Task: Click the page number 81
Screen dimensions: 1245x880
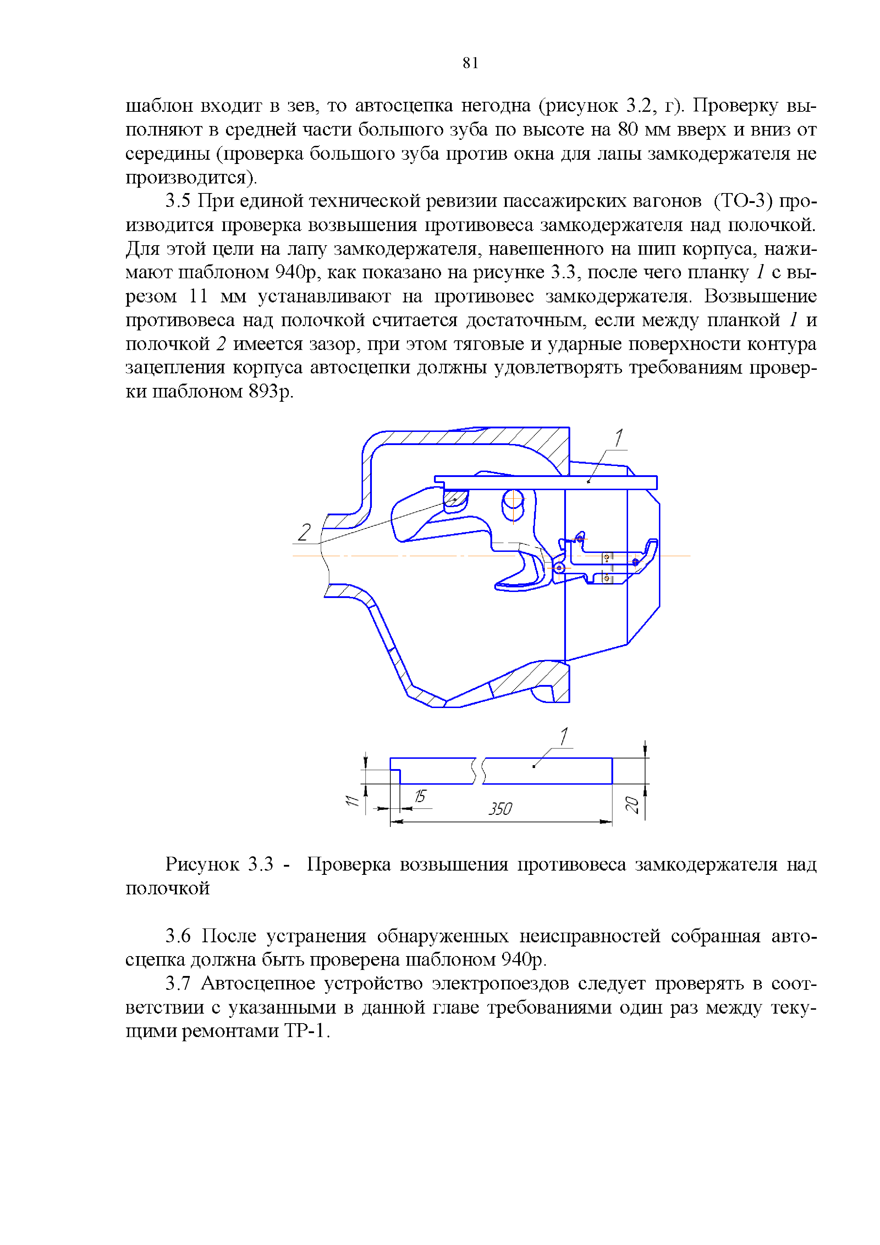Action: point(470,64)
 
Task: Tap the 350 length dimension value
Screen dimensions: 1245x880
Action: point(499,809)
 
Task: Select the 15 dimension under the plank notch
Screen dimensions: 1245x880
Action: point(420,796)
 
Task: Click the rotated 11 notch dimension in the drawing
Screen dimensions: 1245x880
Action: point(352,800)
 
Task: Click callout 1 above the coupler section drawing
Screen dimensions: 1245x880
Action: point(618,438)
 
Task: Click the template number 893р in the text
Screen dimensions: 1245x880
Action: point(270,391)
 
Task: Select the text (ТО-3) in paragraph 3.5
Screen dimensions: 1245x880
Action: point(742,201)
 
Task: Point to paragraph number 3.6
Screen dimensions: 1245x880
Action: point(178,936)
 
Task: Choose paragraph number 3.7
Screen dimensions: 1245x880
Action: point(178,984)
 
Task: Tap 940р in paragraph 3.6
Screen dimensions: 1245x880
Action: point(521,960)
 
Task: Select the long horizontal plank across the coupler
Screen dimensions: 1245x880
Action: point(545,482)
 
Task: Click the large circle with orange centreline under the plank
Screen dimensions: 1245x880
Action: point(513,505)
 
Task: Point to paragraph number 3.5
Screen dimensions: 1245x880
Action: point(178,201)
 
